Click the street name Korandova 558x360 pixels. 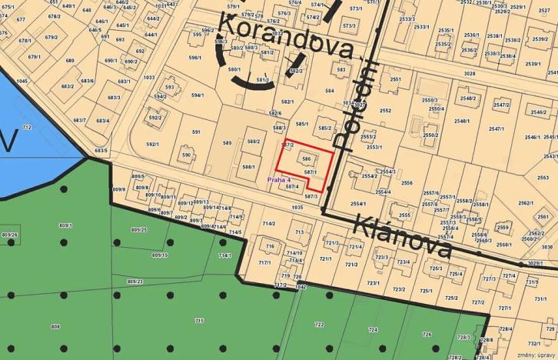(x=287, y=40)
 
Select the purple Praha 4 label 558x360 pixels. (x=279, y=180)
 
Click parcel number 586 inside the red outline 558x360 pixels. (x=307, y=159)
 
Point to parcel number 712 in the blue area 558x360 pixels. (x=27, y=127)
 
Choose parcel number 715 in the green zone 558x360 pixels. (x=199, y=320)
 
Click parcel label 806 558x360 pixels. (x=55, y=327)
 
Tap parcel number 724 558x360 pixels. (x=374, y=329)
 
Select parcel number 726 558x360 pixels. (x=427, y=334)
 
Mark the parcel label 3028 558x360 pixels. (x=469, y=74)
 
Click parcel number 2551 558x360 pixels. (x=395, y=79)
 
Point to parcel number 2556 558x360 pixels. (x=407, y=183)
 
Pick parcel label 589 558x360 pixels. (x=227, y=143)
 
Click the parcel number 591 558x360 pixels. (x=196, y=132)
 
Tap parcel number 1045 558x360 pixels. (x=22, y=81)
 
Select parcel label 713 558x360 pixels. (x=299, y=232)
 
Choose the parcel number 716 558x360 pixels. (x=270, y=246)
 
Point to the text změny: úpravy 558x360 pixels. (x=536, y=355)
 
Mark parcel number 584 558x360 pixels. (x=330, y=91)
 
